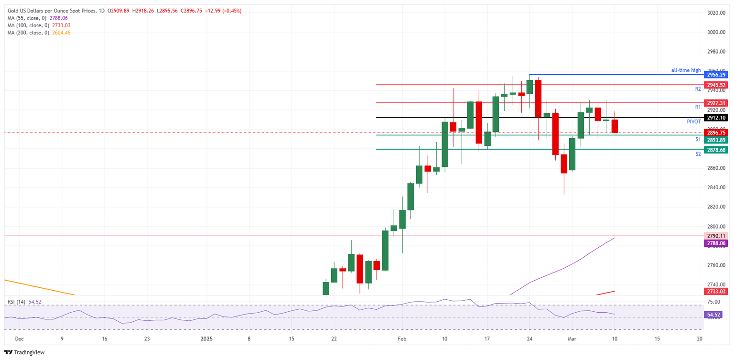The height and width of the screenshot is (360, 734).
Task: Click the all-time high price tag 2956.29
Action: tap(716, 75)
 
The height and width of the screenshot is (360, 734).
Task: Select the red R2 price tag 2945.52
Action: tap(716, 85)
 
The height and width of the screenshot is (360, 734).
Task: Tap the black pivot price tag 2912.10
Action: tap(716, 118)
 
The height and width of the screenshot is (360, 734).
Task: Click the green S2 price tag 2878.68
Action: tap(716, 150)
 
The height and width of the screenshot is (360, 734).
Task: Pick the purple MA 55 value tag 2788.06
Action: tap(716, 243)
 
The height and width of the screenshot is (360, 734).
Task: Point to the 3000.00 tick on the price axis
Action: tap(716, 32)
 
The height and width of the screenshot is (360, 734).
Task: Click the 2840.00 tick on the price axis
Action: tap(716, 187)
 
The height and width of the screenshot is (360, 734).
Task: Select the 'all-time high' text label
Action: tap(686, 70)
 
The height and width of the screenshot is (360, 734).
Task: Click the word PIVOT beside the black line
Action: tap(693, 122)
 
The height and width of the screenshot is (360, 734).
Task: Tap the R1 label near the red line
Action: tap(698, 107)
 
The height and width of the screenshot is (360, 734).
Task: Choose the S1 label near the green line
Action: tap(698, 139)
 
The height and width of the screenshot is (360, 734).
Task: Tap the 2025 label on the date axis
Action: tap(206, 338)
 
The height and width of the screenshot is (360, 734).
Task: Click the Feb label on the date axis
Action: tap(402, 338)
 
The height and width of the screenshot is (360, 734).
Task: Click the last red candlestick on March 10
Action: tap(615, 126)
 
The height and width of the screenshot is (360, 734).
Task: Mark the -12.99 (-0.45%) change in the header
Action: tap(223, 11)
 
